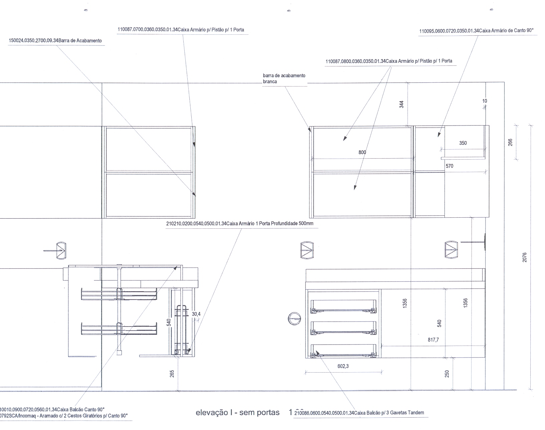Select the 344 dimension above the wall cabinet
(402, 104)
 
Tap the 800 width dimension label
(362, 152)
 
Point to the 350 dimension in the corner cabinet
(463, 143)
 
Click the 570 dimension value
(449, 166)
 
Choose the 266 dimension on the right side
(510, 142)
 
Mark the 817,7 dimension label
(433, 340)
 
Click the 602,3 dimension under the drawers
(343, 366)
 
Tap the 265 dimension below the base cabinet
(172, 374)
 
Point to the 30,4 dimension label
(196, 314)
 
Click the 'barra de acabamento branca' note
(284, 78)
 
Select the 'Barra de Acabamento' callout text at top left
(55, 41)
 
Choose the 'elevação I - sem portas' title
(237, 412)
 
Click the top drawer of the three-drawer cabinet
(344, 306)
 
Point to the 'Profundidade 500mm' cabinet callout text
(239, 223)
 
